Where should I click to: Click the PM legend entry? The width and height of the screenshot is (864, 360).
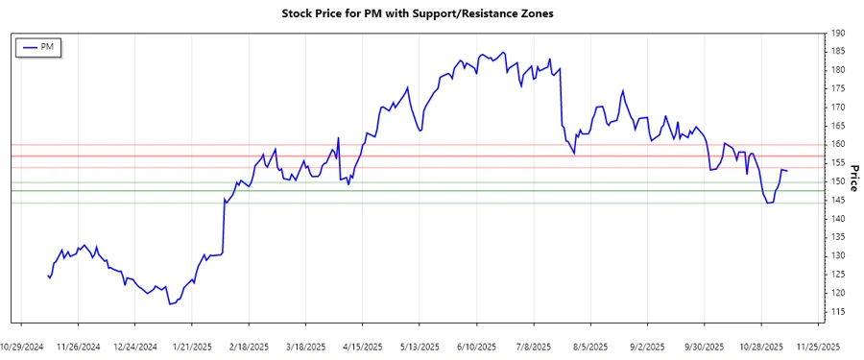coord(39,47)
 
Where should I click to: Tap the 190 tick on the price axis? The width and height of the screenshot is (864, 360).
coord(838,33)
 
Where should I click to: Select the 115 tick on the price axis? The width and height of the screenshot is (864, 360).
coord(838,312)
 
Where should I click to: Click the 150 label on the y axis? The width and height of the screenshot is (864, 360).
coord(838,181)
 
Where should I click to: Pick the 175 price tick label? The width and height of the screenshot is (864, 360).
coord(838,88)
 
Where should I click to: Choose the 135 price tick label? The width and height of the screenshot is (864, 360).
coord(838,237)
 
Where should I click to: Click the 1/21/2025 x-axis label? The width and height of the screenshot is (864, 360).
coord(192,347)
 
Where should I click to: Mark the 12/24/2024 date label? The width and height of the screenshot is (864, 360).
coord(135,347)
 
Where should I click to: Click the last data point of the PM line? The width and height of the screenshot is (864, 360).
coord(787,171)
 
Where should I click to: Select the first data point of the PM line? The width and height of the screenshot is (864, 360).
coord(48,276)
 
